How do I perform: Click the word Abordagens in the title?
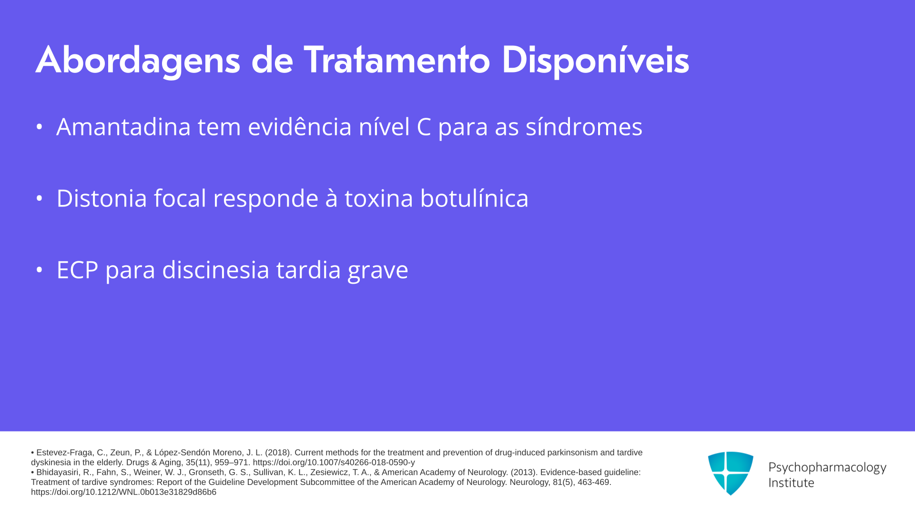(x=138, y=61)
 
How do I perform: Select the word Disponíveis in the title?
(x=596, y=61)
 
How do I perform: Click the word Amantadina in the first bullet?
(x=123, y=127)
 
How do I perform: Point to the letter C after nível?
(x=424, y=127)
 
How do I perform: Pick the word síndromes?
(x=584, y=127)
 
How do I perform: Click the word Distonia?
(x=102, y=198)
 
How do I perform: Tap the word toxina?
(x=378, y=198)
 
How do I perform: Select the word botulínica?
(x=474, y=198)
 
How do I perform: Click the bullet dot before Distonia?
(x=40, y=198)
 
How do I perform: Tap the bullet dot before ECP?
(x=40, y=270)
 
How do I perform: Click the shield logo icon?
(x=731, y=473)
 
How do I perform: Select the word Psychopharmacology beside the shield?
(x=827, y=468)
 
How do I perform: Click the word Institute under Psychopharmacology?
(x=791, y=483)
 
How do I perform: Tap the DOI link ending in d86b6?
(x=123, y=492)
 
